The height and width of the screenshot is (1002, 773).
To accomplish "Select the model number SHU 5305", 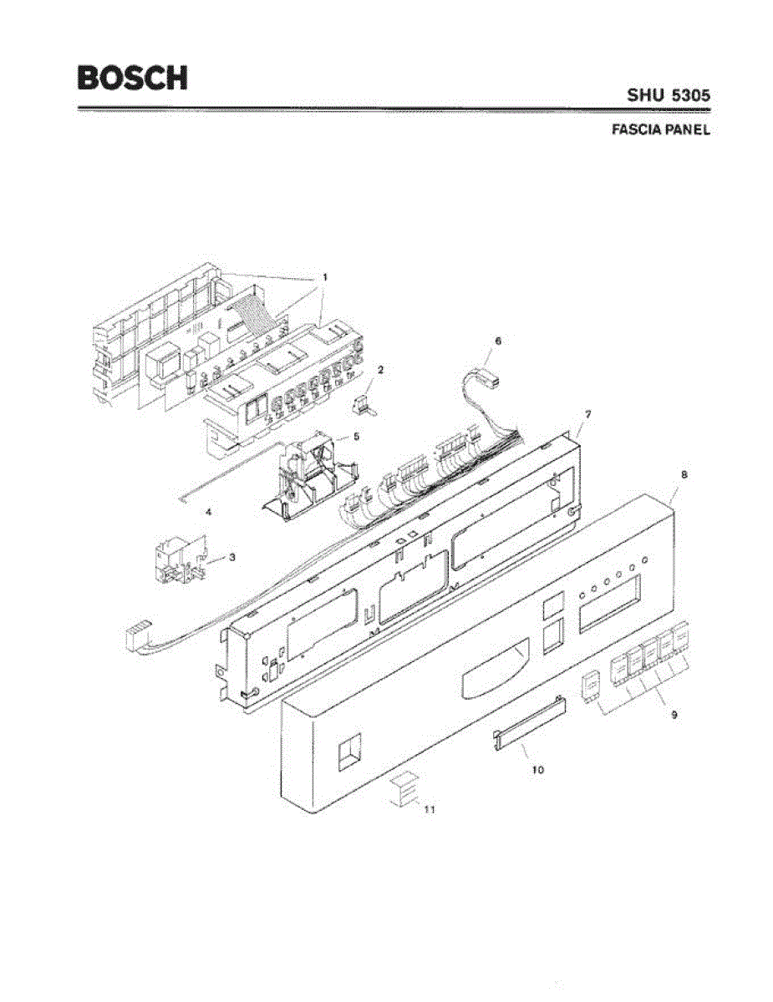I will click(669, 96).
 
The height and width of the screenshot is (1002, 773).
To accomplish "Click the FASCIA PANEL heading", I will click(660, 131).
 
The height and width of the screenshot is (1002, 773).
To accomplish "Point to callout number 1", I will click(325, 276).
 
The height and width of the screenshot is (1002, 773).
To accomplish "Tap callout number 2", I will click(380, 368).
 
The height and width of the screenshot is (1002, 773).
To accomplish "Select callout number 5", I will click(356, 436).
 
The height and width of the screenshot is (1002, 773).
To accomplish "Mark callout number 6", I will click(498, 342).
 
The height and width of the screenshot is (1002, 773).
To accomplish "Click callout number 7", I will click(588, 415).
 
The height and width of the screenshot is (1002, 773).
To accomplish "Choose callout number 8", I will click(684, 475).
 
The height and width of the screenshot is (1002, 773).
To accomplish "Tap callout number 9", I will click(674, 715).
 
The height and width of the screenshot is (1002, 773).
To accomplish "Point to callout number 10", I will click(537, 770).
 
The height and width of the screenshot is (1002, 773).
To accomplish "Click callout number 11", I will click(430, 809).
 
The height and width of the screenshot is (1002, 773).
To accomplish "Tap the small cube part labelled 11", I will click(404, 789).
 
